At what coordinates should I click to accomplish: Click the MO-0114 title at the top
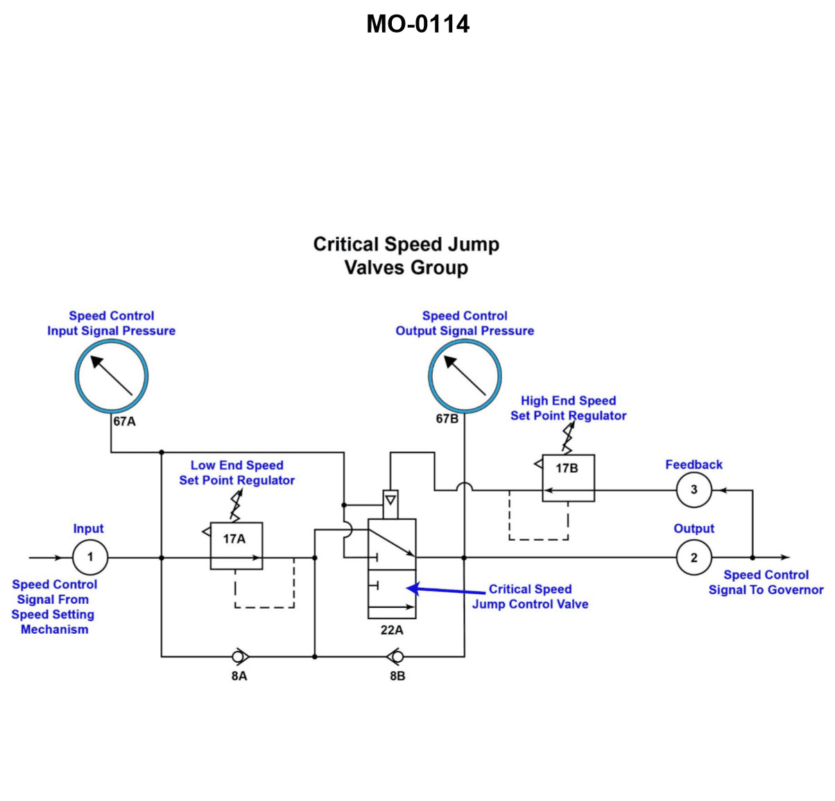(x=417, y=24)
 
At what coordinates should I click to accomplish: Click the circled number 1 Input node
(x=89, y=557)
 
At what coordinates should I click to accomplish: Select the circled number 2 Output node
(x=694, y=557)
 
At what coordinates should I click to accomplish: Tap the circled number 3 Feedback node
(x=694, y=490)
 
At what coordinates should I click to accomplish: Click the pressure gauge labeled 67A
(x=112, y=376)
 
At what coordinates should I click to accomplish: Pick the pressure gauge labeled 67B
(x=465, y=376)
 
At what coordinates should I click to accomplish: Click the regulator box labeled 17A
(x=236, y=546)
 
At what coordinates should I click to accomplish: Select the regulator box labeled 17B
(x=568, y=478)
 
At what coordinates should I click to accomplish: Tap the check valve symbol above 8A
(x=239, y=655)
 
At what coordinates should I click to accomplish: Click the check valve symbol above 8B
(x=397, y=655)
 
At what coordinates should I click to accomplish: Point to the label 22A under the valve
(x=392, y=630)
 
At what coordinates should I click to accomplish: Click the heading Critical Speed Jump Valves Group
(x=406, y=255)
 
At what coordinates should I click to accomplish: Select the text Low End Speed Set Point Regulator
(x=236, y=473)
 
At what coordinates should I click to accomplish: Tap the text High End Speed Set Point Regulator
(x=568, y=408)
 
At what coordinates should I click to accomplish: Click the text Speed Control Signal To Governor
(x=766, y=582)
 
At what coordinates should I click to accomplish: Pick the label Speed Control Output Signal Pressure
(x=465, y=323)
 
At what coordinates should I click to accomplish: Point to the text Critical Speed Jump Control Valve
(x=530, y=596)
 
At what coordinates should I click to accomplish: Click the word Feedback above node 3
(x=694, y=464)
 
